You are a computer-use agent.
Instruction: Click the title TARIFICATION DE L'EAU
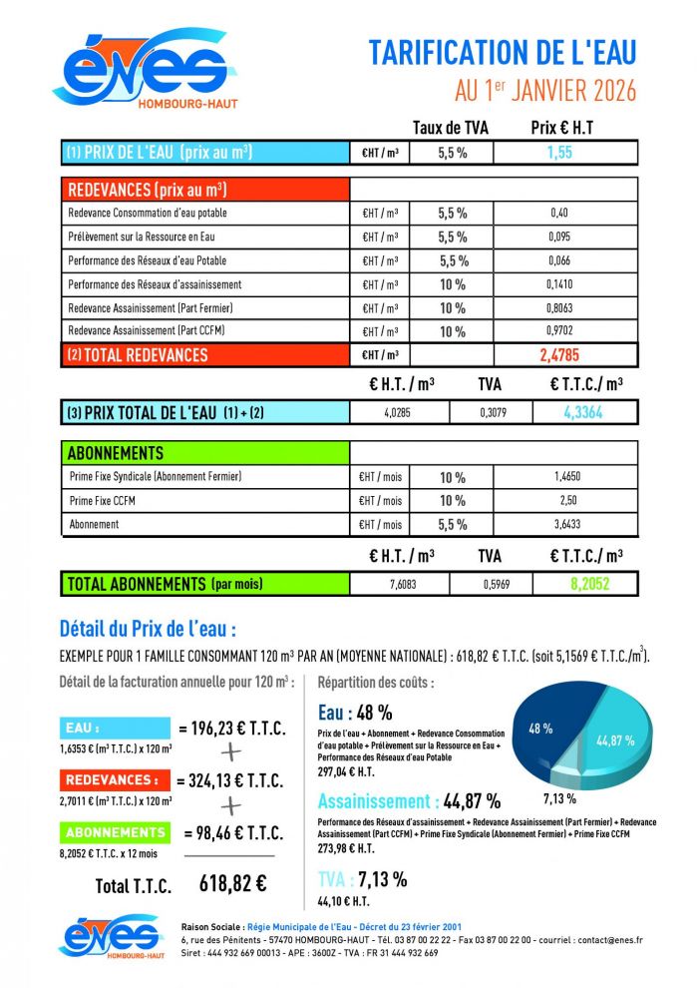tap(502, 52)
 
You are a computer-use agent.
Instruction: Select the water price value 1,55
tap(558, 154)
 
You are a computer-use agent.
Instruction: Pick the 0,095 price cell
tap(558, 237)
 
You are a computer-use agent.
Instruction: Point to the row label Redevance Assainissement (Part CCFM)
tap(147, 331)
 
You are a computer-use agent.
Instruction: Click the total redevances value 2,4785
tap(558, 354)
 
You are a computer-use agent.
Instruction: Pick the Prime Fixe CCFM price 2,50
tap(566, 500)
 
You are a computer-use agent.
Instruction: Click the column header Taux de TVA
tap(450, 128)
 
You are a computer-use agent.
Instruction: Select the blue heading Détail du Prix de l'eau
tap(148, 630)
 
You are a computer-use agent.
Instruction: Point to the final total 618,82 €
tap(232, 882)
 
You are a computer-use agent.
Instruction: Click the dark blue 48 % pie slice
tap(543, 731)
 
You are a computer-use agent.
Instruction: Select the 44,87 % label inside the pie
tap(615, 741)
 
